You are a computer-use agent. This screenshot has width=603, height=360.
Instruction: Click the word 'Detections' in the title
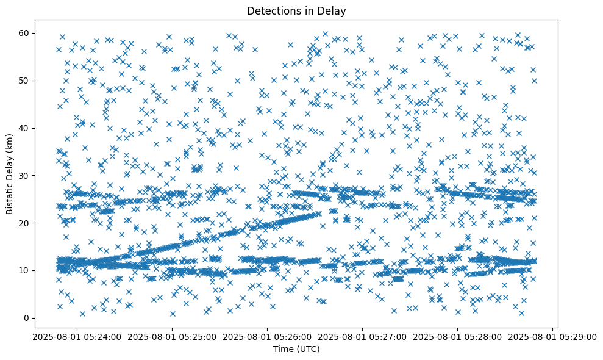(x=271, y=11)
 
